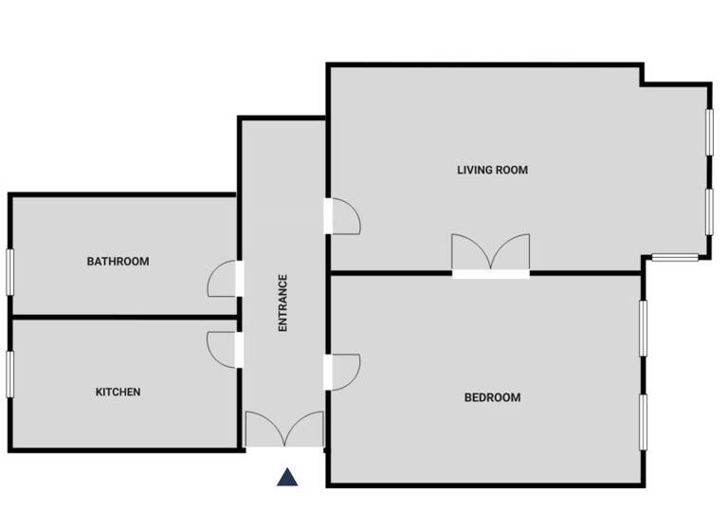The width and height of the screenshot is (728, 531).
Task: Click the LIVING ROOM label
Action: point(492,171)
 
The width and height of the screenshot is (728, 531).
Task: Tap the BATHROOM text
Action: point(118,262)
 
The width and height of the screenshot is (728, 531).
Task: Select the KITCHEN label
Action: point(118,392)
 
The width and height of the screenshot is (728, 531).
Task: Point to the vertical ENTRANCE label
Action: point(282,302)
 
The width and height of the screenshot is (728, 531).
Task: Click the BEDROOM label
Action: point(492,398)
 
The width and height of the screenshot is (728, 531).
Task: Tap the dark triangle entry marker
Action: point(287,477)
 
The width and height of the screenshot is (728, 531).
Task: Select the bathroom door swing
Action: point(222,279)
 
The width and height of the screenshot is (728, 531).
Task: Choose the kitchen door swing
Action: point(222,348)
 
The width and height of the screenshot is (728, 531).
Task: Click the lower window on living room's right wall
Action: point(709,210)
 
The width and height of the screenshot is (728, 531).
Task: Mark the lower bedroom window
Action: point(643,422)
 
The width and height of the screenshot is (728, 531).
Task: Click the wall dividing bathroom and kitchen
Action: point(123,317)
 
